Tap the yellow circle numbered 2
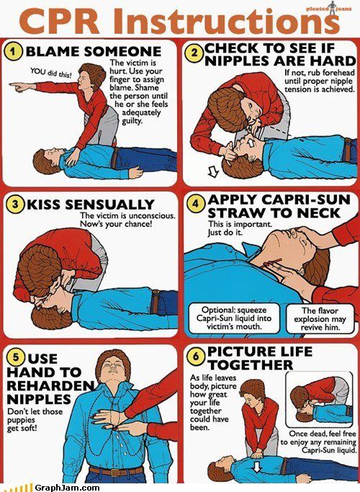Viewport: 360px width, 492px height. click(x=194, y=53)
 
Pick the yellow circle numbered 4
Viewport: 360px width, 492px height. click(x=196, y=203)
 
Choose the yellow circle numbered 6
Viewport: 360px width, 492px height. click(x=196, y=357)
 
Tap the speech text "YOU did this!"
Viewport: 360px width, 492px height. click(x=51, y=73)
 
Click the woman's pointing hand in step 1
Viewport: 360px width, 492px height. click(x=19, y=86)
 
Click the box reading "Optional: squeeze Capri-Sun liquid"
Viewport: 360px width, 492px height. click(x=234, y=318)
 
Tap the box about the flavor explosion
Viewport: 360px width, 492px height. click(x=320, y=319)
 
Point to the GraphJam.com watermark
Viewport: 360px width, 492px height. click(x=67, y=487)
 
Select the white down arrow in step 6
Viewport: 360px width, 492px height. click(x=257, y=467)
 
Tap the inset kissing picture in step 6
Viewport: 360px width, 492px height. click(x=319, y=399)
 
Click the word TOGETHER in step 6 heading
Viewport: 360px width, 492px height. click(x=251, y=365)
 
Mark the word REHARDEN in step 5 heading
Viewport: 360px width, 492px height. click(x=50, y=385)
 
